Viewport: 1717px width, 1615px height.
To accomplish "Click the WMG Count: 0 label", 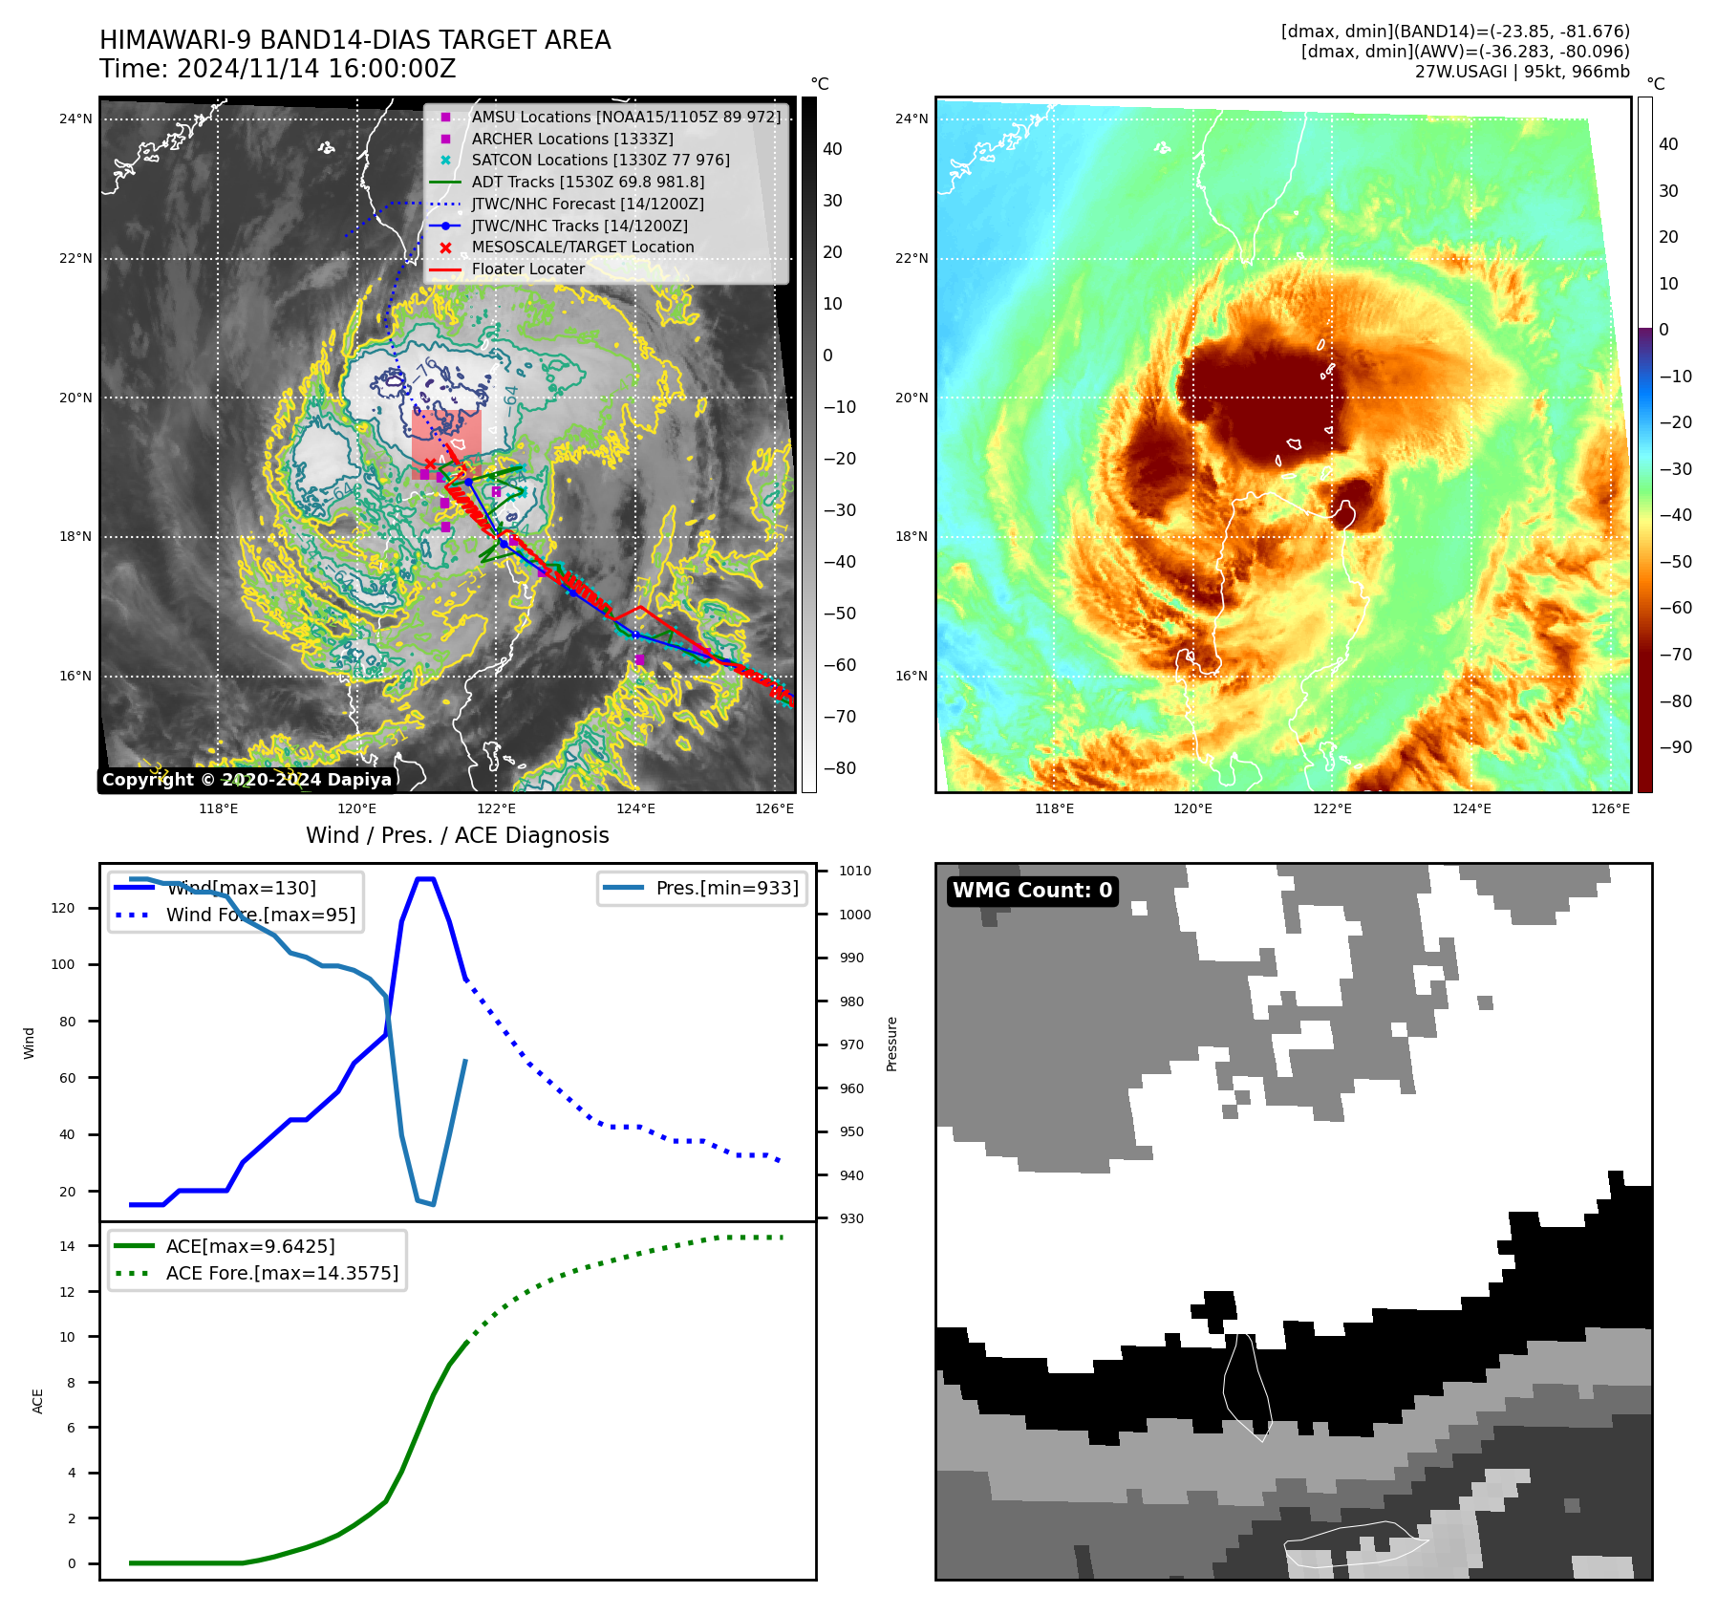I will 1032,891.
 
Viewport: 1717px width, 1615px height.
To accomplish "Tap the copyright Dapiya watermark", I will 247,780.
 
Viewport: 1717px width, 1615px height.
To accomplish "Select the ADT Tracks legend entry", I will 587,182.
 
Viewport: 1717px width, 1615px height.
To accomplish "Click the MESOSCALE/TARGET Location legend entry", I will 582,247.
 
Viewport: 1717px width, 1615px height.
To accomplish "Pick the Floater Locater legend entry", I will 527,269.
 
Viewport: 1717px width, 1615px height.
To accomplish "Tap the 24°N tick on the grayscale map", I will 75,119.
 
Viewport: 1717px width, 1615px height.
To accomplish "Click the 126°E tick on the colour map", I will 1610,808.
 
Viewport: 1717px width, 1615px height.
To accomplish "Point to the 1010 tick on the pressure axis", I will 855,871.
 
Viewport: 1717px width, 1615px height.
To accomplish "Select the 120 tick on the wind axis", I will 63,908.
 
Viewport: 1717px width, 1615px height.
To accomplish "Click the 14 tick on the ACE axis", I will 68,1245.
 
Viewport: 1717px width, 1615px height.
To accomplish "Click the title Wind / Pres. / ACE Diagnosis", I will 457,835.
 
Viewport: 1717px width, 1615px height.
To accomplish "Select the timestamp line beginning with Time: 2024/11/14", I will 277,69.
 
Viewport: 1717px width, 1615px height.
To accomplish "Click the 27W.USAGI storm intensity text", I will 1521,72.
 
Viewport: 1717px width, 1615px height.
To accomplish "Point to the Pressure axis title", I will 891,1044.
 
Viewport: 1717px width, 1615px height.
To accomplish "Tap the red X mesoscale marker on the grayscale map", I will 430,464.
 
